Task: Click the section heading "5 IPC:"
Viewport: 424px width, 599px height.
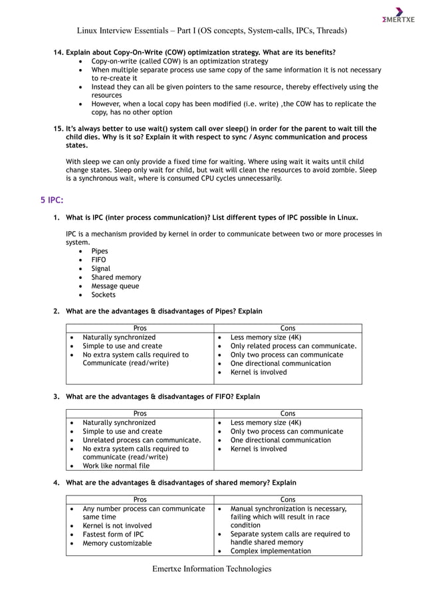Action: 53,199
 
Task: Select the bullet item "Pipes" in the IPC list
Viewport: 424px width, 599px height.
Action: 99,251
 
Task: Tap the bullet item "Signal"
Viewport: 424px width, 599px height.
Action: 101,268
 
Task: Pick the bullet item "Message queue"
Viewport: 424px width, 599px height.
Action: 115,286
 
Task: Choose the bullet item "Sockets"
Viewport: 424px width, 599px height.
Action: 103,295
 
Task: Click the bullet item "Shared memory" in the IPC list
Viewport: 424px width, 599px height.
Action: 116,277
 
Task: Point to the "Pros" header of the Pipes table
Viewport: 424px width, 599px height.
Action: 140,328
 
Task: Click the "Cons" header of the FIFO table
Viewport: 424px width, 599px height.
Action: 288,414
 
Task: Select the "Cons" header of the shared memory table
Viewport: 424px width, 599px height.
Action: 288,499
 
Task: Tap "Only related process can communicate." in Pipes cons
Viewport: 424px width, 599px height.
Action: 293,346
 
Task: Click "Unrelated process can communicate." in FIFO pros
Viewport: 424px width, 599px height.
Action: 142,440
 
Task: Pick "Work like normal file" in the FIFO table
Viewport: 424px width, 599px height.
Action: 116,466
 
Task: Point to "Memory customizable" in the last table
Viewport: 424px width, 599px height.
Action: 117,543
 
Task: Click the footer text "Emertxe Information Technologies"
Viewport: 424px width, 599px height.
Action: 212,568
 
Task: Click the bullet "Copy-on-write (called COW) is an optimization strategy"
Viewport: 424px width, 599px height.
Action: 179,61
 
